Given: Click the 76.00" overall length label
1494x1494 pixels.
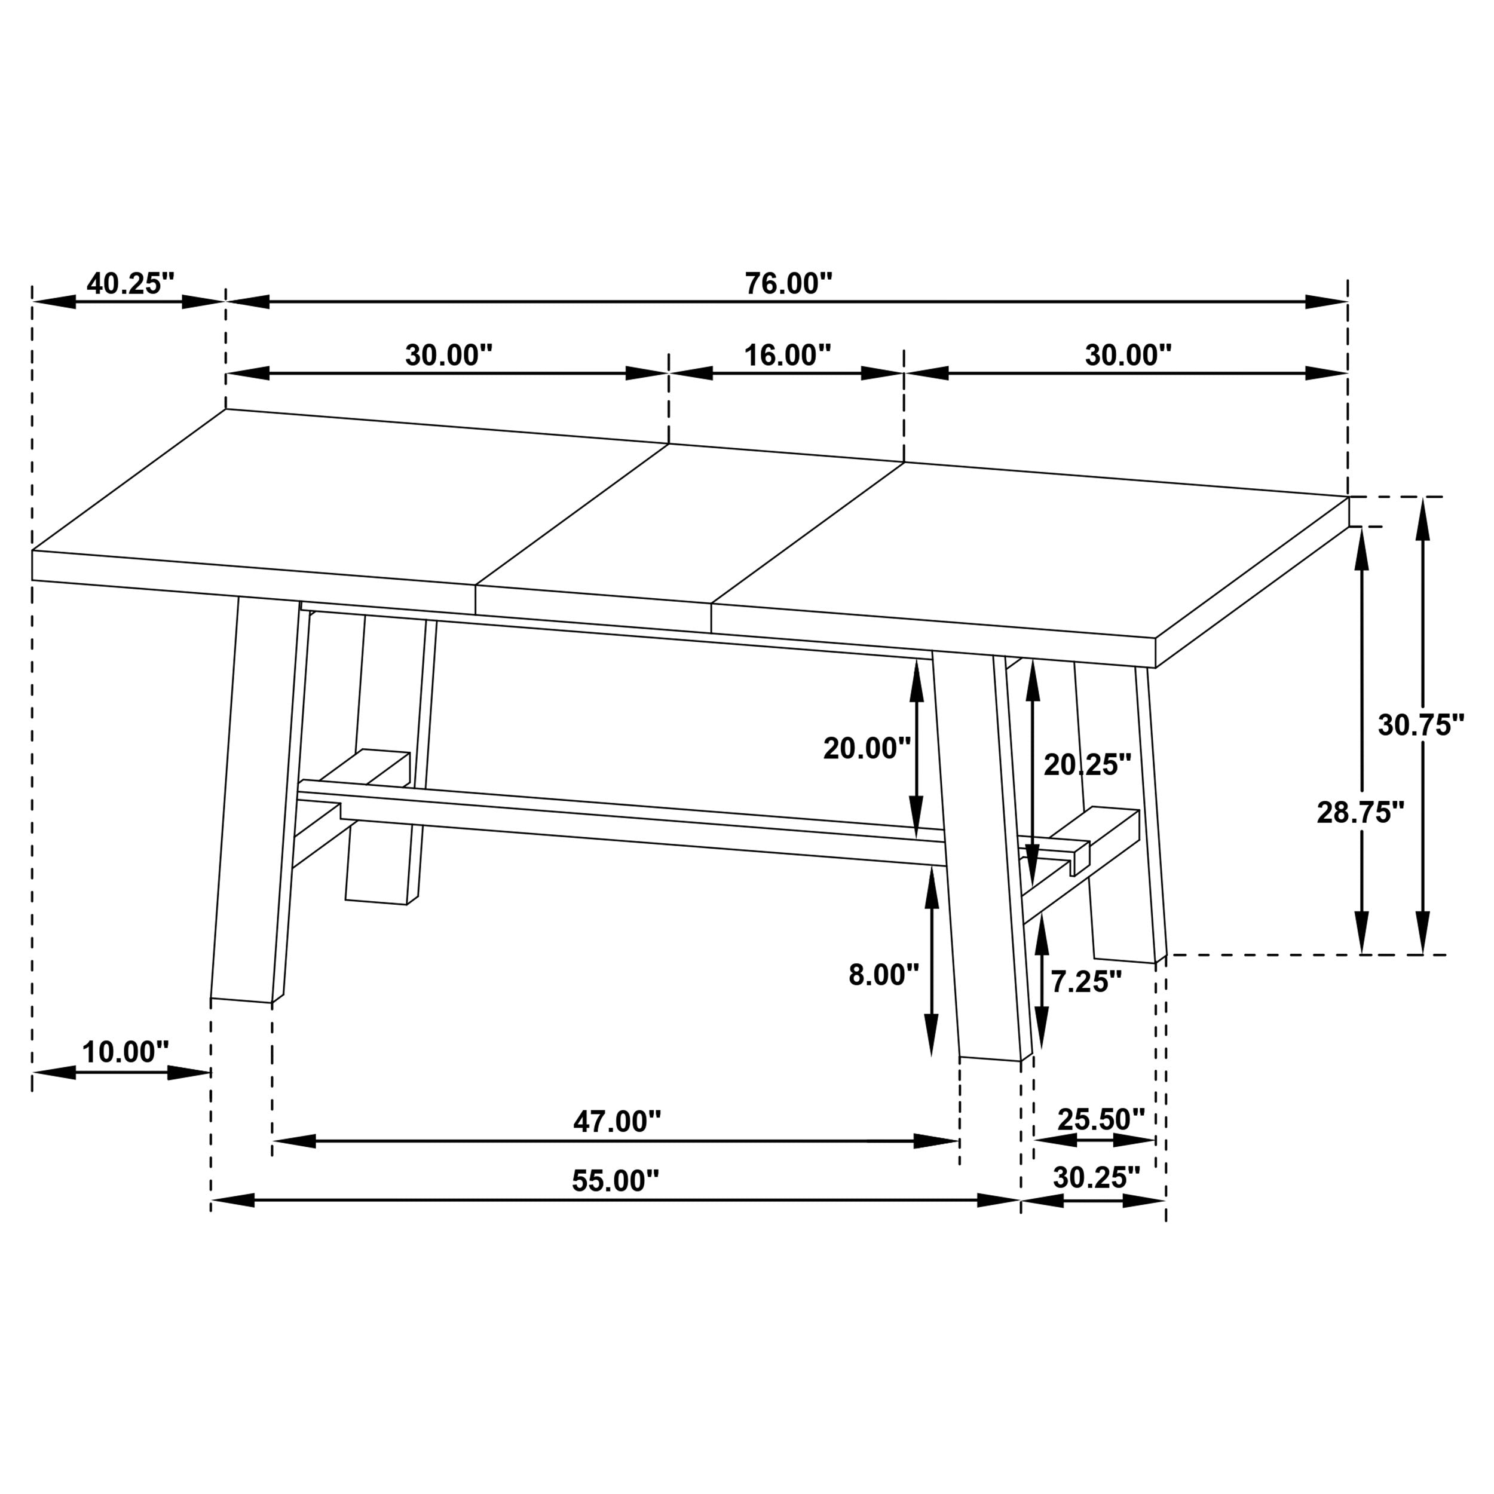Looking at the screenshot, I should click(788, 284).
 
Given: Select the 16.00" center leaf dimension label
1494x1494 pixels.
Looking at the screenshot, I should click(787, 356).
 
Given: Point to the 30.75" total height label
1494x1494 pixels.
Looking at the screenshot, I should click(1420, 725).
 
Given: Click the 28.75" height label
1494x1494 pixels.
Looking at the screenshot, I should click(1360, 813).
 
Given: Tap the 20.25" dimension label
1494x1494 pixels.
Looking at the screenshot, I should click(1087, 766).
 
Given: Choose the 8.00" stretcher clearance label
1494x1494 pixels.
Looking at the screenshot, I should click(883, 976).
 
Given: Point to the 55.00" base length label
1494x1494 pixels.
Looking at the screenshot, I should click(616, 1181).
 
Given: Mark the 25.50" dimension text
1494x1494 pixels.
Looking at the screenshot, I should click(1100, 1119).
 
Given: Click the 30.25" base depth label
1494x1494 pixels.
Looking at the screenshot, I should click(1096, 1178).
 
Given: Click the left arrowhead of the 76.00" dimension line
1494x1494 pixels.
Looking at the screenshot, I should click(247, 302).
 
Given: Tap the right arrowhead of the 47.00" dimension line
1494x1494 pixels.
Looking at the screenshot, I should click(937, 1141).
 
